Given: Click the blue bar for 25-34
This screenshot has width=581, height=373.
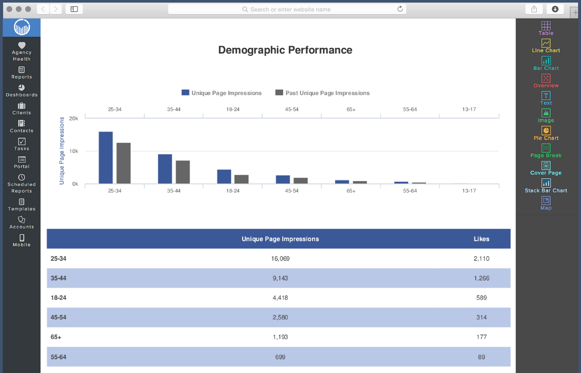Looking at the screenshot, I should tap(105, 158).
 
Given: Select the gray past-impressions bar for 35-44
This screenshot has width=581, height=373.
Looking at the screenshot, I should tap(183, 172).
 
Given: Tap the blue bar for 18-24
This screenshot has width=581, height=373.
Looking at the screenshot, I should tap(224, 177).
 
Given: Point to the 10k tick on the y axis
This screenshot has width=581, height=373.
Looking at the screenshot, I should tap(73, 151).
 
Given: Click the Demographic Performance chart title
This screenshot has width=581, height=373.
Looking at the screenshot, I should tap(285, 50).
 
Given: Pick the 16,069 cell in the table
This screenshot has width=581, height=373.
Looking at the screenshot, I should tap(280, 259).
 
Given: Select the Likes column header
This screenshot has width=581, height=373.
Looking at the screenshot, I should tap(481, 239).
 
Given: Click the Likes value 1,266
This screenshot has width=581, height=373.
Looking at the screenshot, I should tap(481, 278).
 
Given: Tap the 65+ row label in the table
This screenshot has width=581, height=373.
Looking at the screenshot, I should tap(56, 337).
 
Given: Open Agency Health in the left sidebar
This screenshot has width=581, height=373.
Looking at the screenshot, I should tap(21, 51).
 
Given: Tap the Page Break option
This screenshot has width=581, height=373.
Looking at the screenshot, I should tap(546, 151).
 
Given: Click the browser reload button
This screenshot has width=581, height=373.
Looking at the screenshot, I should tap(400, 9).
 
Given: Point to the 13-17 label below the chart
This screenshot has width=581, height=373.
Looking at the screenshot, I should tap(469, 191).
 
